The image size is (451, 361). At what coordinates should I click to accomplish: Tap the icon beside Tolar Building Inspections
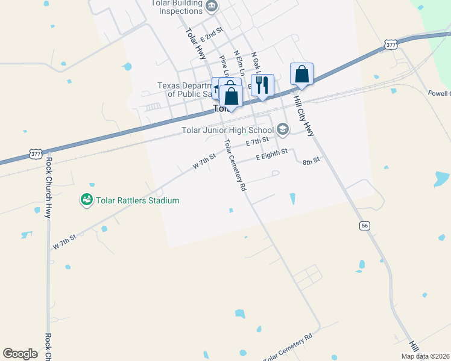tap(211, 7)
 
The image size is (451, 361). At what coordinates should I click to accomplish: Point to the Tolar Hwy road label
tap(196, 44)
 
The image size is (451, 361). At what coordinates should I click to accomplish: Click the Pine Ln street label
tap(224, 66)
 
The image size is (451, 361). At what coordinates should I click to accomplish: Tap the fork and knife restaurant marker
tap(262, 84)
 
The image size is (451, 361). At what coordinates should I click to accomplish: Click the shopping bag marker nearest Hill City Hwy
tap(301, 74)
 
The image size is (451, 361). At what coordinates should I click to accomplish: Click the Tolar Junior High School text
tap(227, 129)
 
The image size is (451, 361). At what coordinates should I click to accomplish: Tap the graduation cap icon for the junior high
tap(283, 129)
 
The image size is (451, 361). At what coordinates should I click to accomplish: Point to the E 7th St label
tap(257, 142)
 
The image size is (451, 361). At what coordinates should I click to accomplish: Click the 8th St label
tap(311, 161)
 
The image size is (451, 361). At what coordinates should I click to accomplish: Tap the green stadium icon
tap(87, 199)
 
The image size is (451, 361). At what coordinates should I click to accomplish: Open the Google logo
tap(20, 354)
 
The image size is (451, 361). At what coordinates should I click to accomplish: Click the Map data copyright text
tap(425, 356)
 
